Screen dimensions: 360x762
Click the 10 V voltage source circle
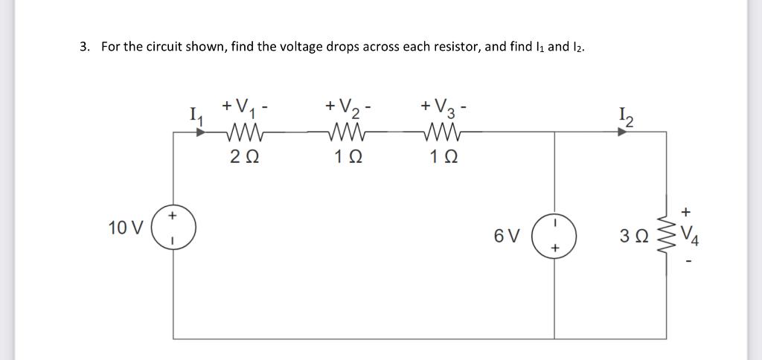(x=173, y=228)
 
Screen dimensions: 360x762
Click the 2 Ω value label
(x=243, y=158)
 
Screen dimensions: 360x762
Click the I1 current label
(x=196, y=115)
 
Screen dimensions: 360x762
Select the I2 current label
(x=624, y=115)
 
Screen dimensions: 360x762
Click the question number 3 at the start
(x=84, y=47)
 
